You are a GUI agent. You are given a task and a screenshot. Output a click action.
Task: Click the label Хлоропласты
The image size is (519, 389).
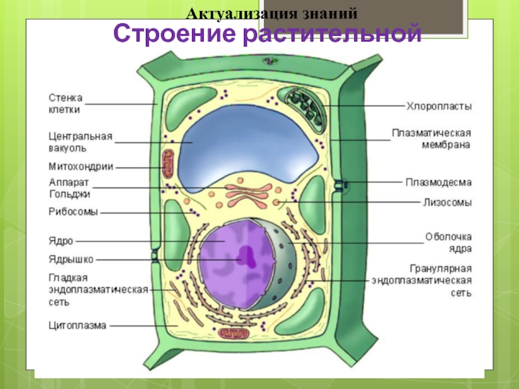point(439,106)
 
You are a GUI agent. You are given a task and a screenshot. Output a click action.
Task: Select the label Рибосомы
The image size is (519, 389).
point(73,211)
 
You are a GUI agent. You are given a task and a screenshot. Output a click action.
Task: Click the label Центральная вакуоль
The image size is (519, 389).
point(80,143)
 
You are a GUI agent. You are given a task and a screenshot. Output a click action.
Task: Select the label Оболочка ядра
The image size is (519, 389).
point(448,242)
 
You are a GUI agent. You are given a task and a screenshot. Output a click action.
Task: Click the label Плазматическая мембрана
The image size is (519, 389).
point(430,139)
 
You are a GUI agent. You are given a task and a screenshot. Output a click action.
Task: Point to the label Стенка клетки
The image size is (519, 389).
point(66,104)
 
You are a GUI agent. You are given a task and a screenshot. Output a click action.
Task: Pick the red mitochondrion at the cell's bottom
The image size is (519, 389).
point(234,333)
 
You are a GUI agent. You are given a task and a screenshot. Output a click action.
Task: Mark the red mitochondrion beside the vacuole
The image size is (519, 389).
point(168,164)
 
